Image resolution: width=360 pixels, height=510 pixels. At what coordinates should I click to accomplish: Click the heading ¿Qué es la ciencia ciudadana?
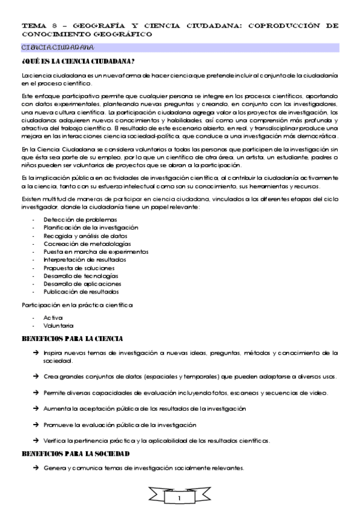point(78,61)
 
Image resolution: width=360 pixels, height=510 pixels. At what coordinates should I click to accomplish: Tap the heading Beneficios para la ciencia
point(72,339)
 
